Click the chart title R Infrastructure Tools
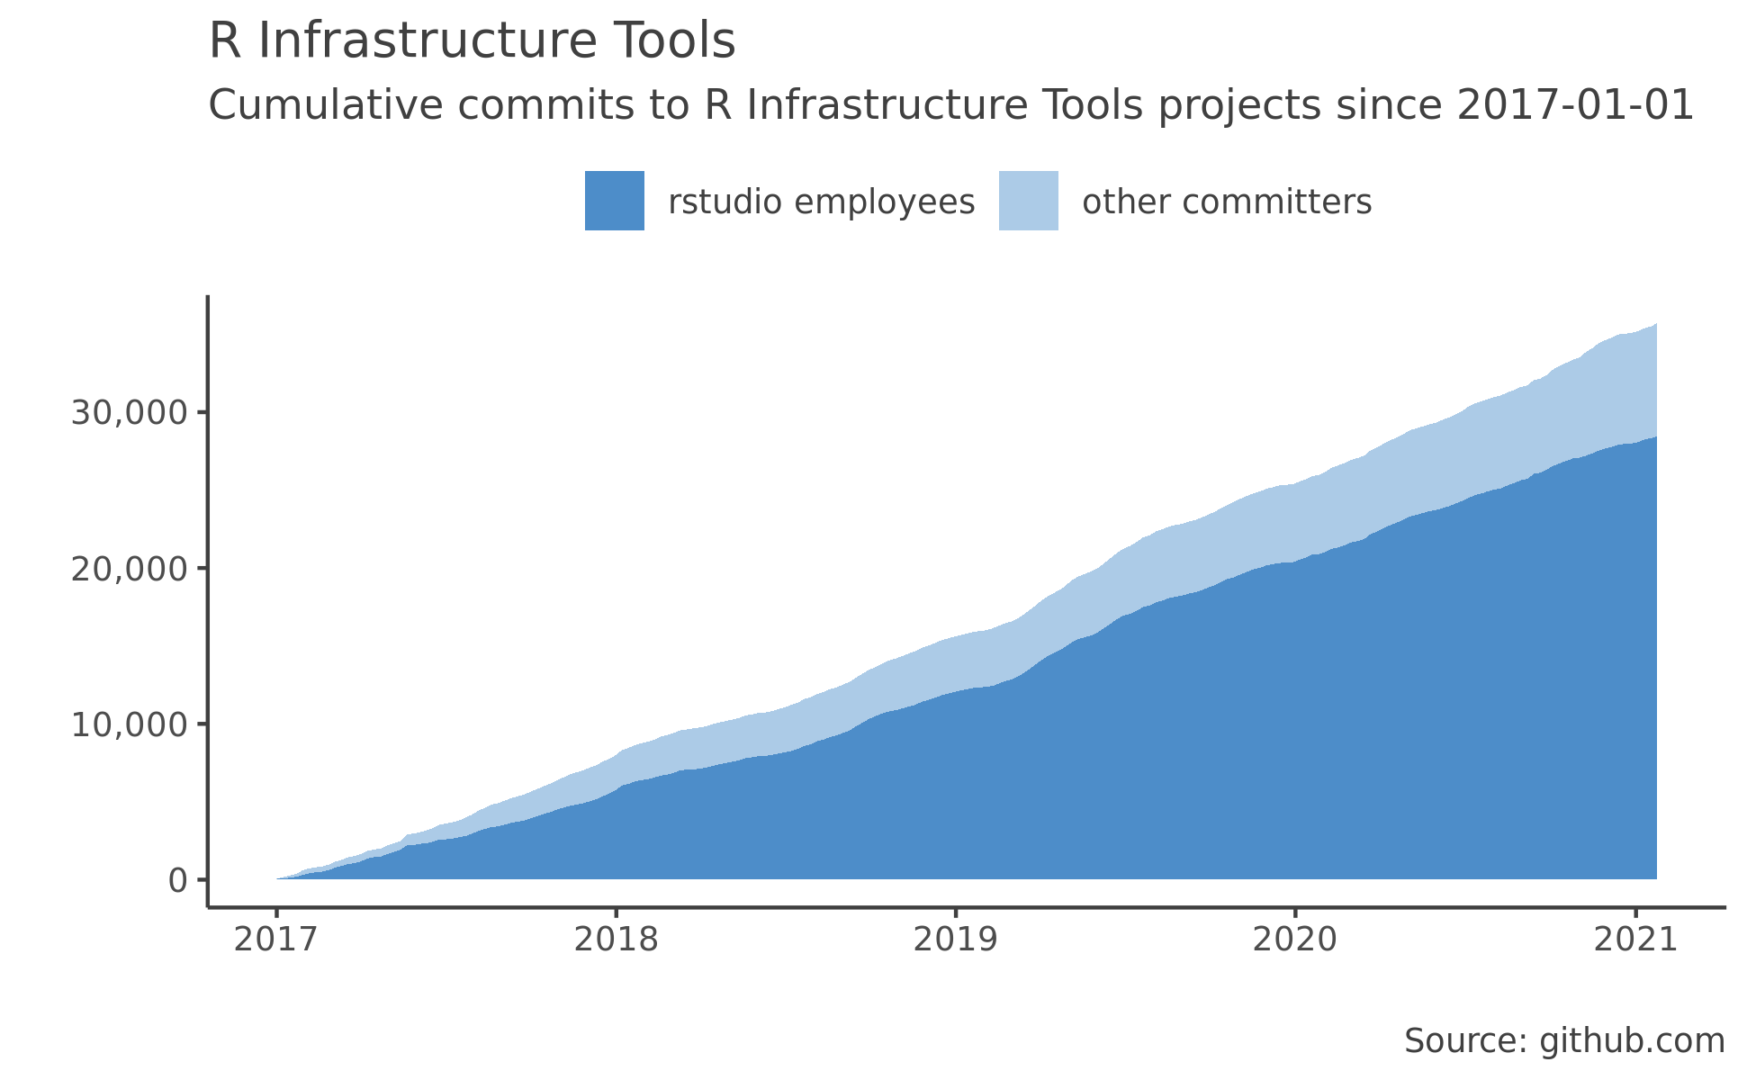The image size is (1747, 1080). point(472,42)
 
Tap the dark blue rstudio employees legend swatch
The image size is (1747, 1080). point(614,201)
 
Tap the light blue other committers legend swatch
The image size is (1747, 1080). point(1028,201)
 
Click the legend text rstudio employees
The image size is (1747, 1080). point(821,202)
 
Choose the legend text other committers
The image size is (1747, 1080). point(1227,202)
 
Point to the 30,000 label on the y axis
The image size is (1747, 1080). point(130,413)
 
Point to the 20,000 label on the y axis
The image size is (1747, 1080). point(130,569)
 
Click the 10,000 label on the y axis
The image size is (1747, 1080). point(130,724)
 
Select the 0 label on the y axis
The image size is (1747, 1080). point(177,880)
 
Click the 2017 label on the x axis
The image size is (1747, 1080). point(275,940)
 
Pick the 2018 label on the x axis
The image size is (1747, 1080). point(616,940)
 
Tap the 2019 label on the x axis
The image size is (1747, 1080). point(955,940)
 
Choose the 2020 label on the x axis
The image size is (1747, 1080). point(1295,940)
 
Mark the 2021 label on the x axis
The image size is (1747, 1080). point(1634,940)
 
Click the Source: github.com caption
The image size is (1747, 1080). point(1564,1041)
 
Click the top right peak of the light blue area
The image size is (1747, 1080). point(1654,326)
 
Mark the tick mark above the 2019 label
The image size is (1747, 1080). point(956,913)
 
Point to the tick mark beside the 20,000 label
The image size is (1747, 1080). point(203,568)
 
